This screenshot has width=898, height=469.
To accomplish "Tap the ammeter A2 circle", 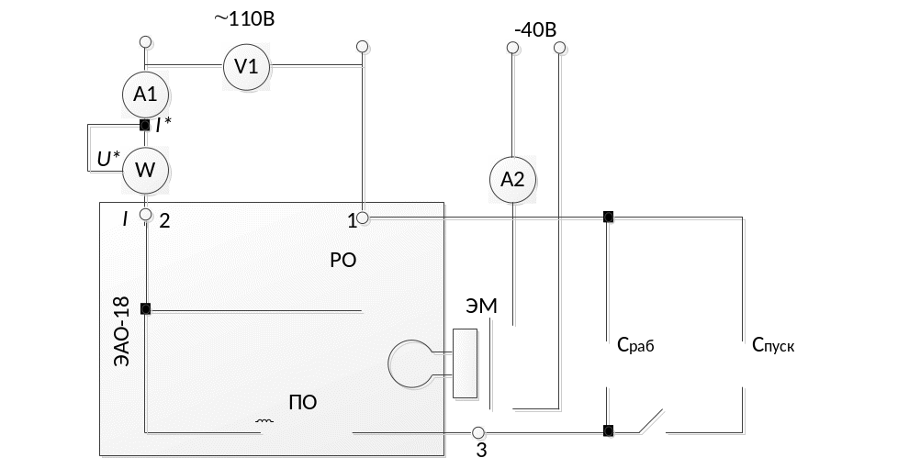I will (512, 180).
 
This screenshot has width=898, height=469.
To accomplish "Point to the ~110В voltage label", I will (243, 18).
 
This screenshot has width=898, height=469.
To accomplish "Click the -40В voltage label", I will (535, 28).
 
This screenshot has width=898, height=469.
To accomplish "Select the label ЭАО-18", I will (120, 331).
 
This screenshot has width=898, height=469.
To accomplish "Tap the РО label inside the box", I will (342, 260).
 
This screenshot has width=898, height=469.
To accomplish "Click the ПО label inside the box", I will (303, 403).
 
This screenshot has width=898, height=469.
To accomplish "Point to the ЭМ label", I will (481, 307).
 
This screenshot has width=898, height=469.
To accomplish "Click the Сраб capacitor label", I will (634, 346).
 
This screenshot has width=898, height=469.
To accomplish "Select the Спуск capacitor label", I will (773, 346).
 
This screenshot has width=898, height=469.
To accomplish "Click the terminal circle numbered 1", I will (363, 218).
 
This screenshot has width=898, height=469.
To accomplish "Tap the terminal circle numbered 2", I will (145, 214).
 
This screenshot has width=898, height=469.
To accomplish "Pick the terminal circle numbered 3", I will (477, 431).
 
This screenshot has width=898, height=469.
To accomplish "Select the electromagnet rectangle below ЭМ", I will (466, 363).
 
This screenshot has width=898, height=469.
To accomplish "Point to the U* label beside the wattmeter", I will (108, 160).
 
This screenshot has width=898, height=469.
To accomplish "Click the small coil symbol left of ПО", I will (265, 423).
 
